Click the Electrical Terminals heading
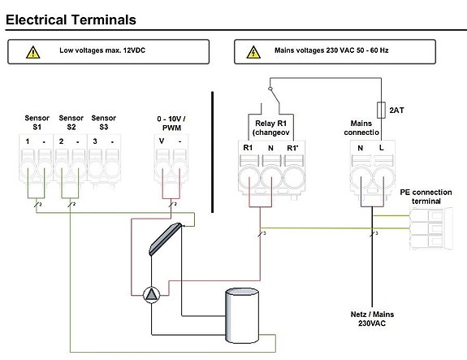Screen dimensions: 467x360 pos(71,20)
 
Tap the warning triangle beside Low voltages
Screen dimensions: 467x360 pos(33,53)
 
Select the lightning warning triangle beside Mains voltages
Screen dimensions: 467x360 pos(253,53)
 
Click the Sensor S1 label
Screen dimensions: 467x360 pos(37,123)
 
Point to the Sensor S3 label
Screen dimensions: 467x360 pos(104,123)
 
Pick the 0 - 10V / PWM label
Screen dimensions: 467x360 pos(171,124)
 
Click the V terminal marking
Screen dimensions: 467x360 pos(162,141)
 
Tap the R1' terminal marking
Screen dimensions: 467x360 pos(292,148)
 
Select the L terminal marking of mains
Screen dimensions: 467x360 pos(381,148)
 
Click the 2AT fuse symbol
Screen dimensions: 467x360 pos(381,111)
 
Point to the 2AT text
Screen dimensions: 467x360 pos(396,111)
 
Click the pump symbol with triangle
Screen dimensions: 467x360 pos(152,294)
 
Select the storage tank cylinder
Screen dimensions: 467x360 pos(242,315)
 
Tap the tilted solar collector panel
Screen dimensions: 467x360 pos(166,239)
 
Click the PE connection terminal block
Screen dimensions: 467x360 pos(431,229)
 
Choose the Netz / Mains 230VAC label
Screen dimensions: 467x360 pos(372,319)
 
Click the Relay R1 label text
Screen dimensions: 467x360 pos(270,124)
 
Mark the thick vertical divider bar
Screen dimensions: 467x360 pos(212,152)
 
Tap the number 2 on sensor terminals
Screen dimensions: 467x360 pos(62,141)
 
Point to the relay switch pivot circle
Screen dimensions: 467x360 pos(270,89)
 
